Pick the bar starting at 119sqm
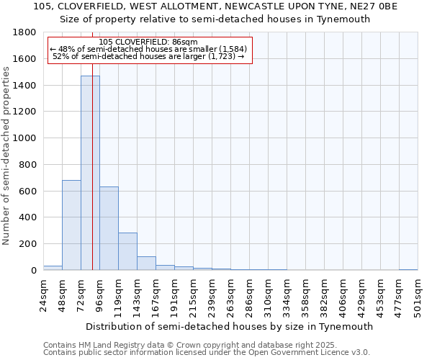click(x=127, y=251)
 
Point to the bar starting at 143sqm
click(x=146, y=263)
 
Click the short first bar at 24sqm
click(x=53, y=268)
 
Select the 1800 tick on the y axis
click(x=27, y=33)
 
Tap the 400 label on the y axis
click(x=30, y=217)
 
